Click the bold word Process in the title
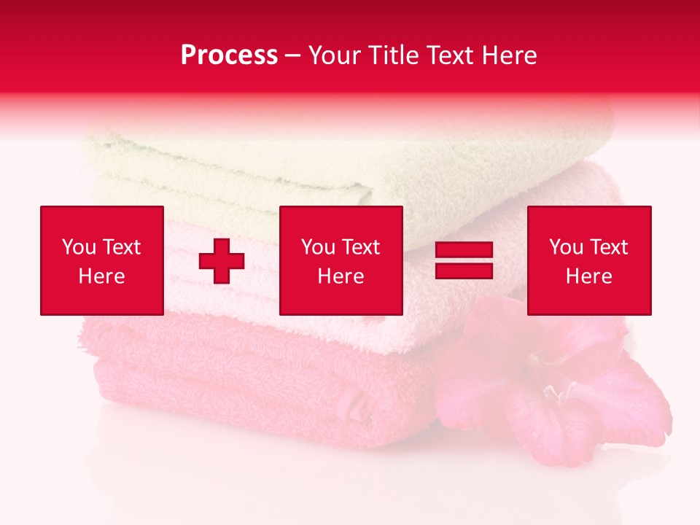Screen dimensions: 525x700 pos(229,55)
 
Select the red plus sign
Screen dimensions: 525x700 pos(222,261)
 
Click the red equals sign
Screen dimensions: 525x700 pos(464,261)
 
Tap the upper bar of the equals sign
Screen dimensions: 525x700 pos(464,250)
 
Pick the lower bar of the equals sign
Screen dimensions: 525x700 pos(464,271)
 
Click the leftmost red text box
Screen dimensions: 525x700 pos(102,260)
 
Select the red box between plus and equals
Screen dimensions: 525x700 pos(341,260)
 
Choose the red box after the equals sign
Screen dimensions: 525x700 pos(589,260)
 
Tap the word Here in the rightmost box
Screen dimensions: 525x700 pos(589,276)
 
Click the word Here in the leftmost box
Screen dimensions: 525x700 pos(102,276)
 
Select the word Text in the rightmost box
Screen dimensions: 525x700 pos(608,247)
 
